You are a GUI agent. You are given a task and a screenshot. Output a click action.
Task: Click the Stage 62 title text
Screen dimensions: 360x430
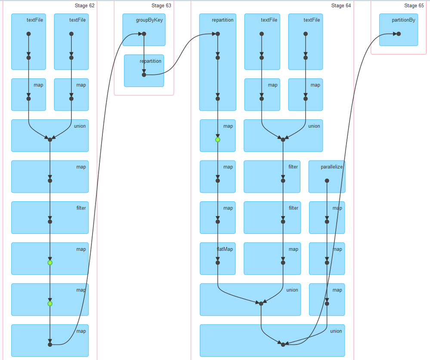[84, 6]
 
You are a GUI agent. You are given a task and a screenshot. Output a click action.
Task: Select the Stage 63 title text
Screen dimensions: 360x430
[161, 6]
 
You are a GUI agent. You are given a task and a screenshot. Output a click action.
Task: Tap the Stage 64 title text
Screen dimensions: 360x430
[341, 6]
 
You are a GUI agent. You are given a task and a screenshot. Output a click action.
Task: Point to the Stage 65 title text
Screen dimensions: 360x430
[414, 6]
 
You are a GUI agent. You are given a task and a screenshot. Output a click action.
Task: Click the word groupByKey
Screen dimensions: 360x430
[146, 20]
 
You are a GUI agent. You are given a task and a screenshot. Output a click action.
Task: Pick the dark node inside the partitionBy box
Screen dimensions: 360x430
[399, 34]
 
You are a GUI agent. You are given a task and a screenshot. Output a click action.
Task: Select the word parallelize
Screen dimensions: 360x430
[331, 167]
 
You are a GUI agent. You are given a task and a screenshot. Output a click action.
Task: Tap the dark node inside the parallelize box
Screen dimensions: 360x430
[327, 181]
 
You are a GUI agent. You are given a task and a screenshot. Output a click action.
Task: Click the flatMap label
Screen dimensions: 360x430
[225, 249]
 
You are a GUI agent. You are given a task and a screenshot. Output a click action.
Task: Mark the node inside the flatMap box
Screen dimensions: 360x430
[218, 262]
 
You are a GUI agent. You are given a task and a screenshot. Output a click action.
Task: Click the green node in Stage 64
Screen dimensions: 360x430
[218, 139]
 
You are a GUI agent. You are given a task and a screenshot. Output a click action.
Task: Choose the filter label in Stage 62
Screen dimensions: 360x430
[81, 208]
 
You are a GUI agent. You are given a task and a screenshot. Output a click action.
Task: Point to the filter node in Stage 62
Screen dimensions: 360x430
[50, 222]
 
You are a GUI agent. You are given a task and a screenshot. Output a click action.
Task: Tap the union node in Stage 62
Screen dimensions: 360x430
[50, 139]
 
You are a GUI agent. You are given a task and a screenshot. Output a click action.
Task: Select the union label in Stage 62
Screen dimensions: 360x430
[80, 126]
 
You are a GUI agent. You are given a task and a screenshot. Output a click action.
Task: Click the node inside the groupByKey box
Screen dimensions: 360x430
[144, 34]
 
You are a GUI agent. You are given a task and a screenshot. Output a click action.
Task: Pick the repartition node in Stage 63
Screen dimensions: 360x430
[144, 74]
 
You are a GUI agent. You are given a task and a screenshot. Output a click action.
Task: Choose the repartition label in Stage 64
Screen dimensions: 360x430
[223, 20]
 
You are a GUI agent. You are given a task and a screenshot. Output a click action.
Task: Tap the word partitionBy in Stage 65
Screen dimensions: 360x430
[403, 20]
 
